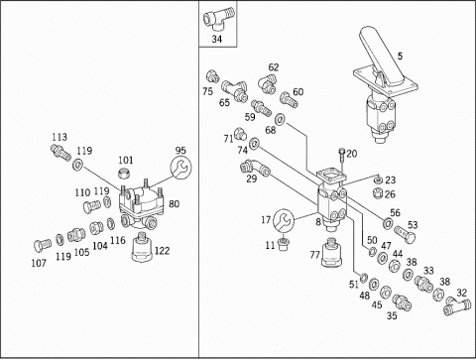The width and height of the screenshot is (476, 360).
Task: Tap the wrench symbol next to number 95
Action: [x=180, y=168]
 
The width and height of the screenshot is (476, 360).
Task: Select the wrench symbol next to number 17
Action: [x=284, y=220]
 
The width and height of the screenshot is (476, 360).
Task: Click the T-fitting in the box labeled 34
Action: [x=218, y=18]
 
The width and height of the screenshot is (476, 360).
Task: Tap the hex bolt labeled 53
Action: [x=405, y=234]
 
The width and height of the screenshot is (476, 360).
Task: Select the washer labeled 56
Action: [x=387, y=223]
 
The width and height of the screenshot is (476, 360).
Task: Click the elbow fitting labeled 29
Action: [x=255, y=167]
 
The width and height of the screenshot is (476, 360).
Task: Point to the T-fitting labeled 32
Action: [x=457, y=306]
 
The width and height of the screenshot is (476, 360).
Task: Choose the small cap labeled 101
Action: [x=124, y=173]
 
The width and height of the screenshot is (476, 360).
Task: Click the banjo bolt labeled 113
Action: [x=60, y=152]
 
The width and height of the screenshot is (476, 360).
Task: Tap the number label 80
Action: [x=174, y=203]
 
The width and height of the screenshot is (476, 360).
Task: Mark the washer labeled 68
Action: [x=281, y=118]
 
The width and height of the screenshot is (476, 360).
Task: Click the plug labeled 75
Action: [x=212, y=76]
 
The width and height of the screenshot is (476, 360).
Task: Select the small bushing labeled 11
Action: [x=283, y=244]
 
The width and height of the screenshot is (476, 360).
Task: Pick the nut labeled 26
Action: [x=378, y=193]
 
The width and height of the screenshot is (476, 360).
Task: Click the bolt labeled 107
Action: [x=43, y=245]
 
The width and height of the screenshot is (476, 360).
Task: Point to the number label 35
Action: [x=392, y=315]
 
